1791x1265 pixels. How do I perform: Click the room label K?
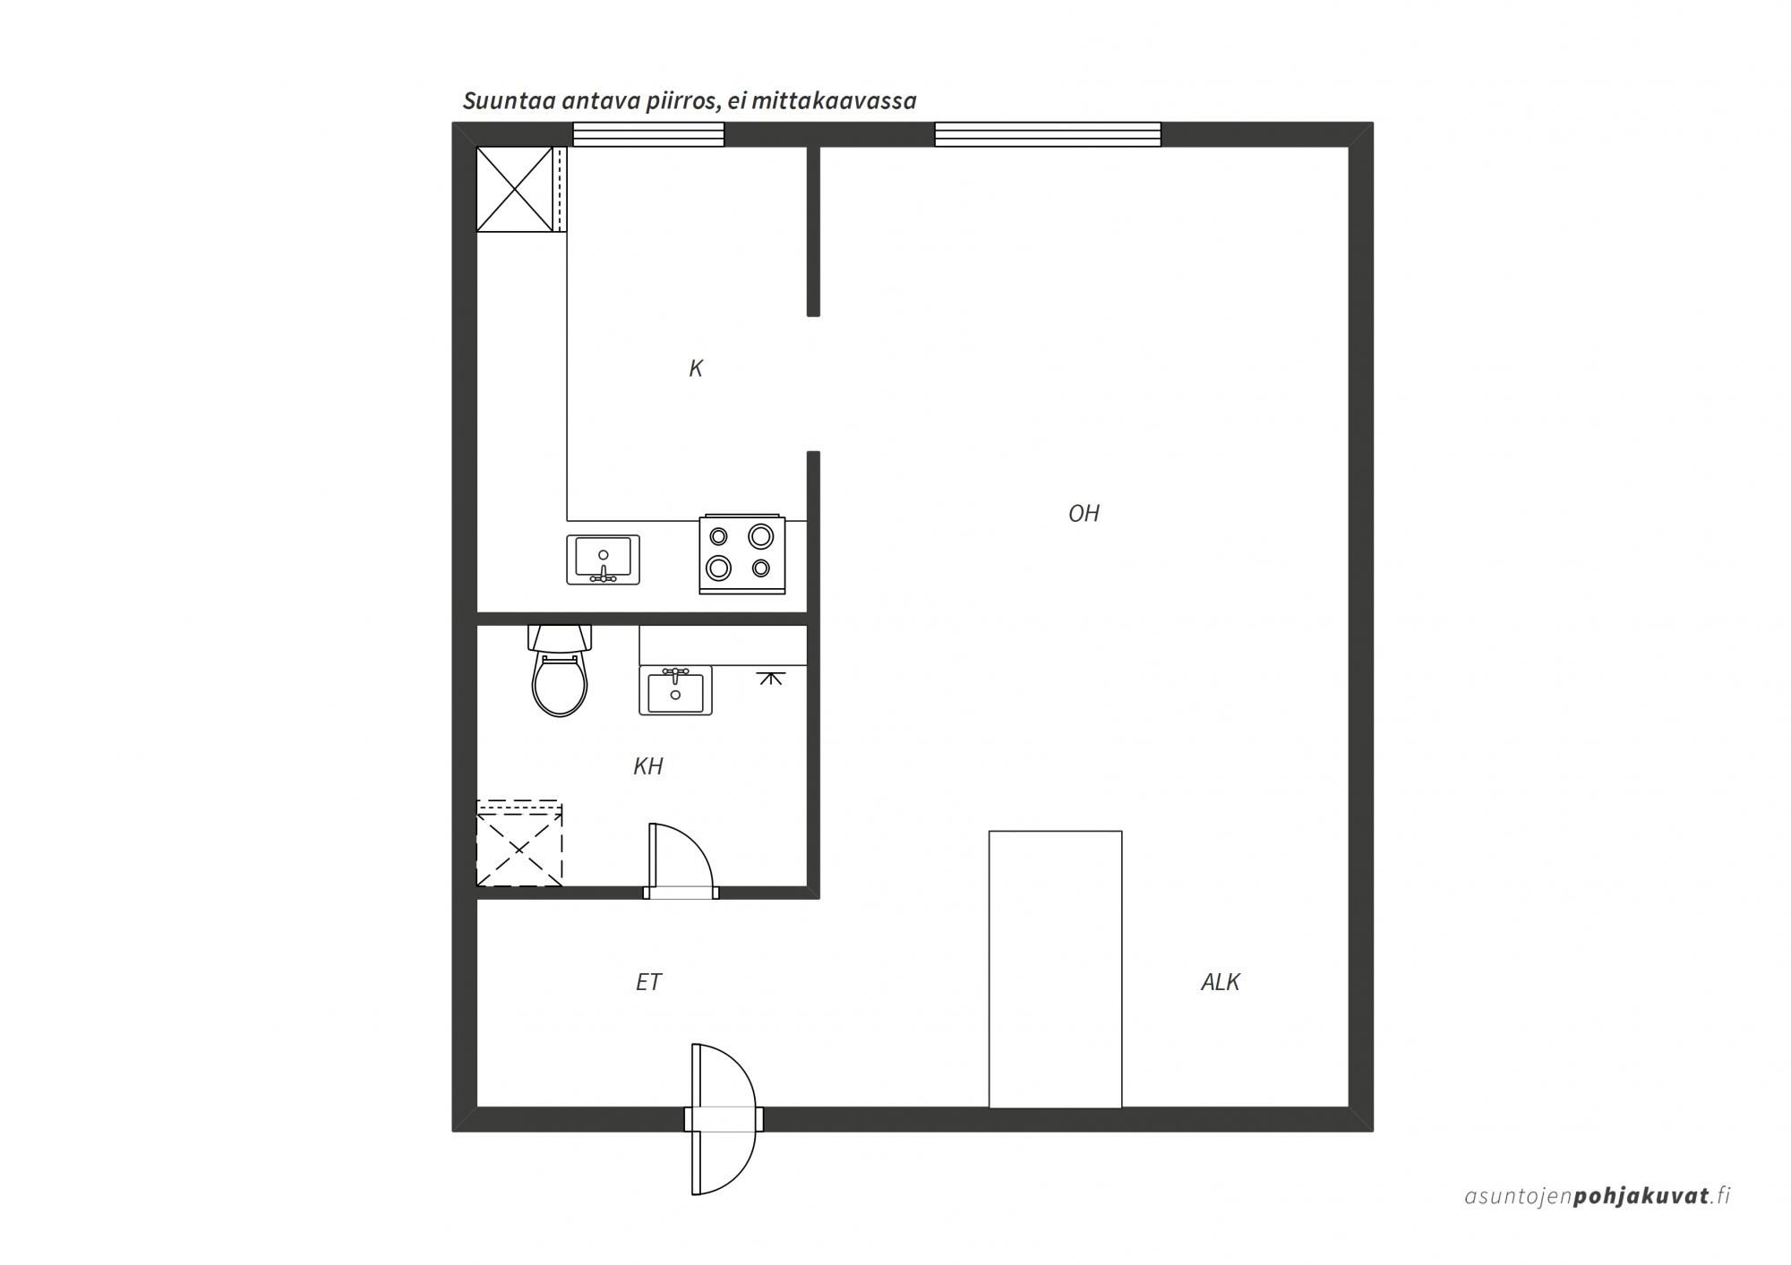[x=696, y=368]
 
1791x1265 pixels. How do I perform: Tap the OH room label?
[x=1084, y=513]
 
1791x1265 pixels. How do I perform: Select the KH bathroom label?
[x=647, y=766]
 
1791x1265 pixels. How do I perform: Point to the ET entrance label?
[x=648, y=982]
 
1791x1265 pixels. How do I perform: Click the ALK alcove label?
[x=1220, y=982]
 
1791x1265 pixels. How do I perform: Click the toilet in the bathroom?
[x=560, y=671]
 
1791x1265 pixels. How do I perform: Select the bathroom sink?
[x=675, y=690]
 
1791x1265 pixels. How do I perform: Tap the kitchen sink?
[x=603, y=560]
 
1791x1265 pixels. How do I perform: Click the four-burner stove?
[x=742, y=554]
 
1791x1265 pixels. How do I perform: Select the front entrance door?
[x=724, y=1119]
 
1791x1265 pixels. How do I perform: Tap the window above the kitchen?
[x=648, y=134]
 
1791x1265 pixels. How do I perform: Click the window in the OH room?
[x=1048, y=134]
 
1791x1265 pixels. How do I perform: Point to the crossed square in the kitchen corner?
[x=515, y=189]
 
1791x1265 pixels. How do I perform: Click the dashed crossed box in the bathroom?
[x=519, y=844]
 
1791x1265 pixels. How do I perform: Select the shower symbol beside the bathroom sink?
[x=769, y=677]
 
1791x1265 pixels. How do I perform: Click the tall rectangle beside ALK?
[x=1055, y=969]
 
